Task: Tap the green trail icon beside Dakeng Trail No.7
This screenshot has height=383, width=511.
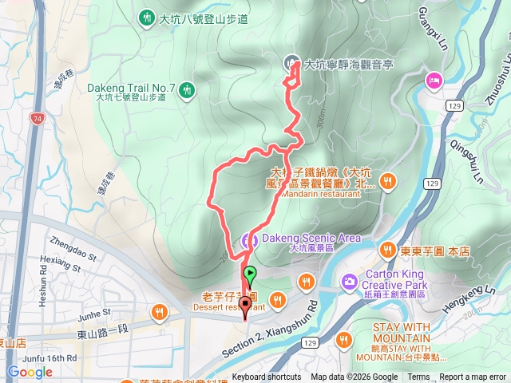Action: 186,90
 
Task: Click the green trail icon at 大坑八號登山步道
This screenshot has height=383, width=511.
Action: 146,17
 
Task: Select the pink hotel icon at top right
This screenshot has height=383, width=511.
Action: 434,79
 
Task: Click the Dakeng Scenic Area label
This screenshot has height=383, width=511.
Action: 310,238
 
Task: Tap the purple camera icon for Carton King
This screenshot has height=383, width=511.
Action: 349,280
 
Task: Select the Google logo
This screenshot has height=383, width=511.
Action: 30,372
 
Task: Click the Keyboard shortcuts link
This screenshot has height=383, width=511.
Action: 267,377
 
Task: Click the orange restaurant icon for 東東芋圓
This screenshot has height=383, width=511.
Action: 388,250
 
